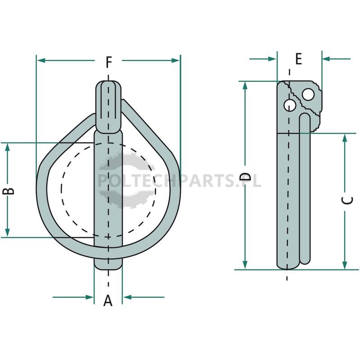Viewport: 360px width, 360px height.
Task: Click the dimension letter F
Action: (x=108, y=62)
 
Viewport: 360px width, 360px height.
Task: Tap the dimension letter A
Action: (x=108, y=301)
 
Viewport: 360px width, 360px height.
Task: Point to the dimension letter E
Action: (x=298, y=58)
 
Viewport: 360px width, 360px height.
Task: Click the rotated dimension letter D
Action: (x=245, y=176)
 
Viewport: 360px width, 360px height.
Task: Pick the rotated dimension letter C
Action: (x=348, y=200)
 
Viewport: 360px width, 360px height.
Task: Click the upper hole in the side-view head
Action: (x=308, y=94)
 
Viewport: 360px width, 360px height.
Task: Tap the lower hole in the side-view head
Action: (x=290, y=105)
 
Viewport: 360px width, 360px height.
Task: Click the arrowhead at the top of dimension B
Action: (x=8, y=147)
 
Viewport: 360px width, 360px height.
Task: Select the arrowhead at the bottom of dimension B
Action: (x=8, y=232)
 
